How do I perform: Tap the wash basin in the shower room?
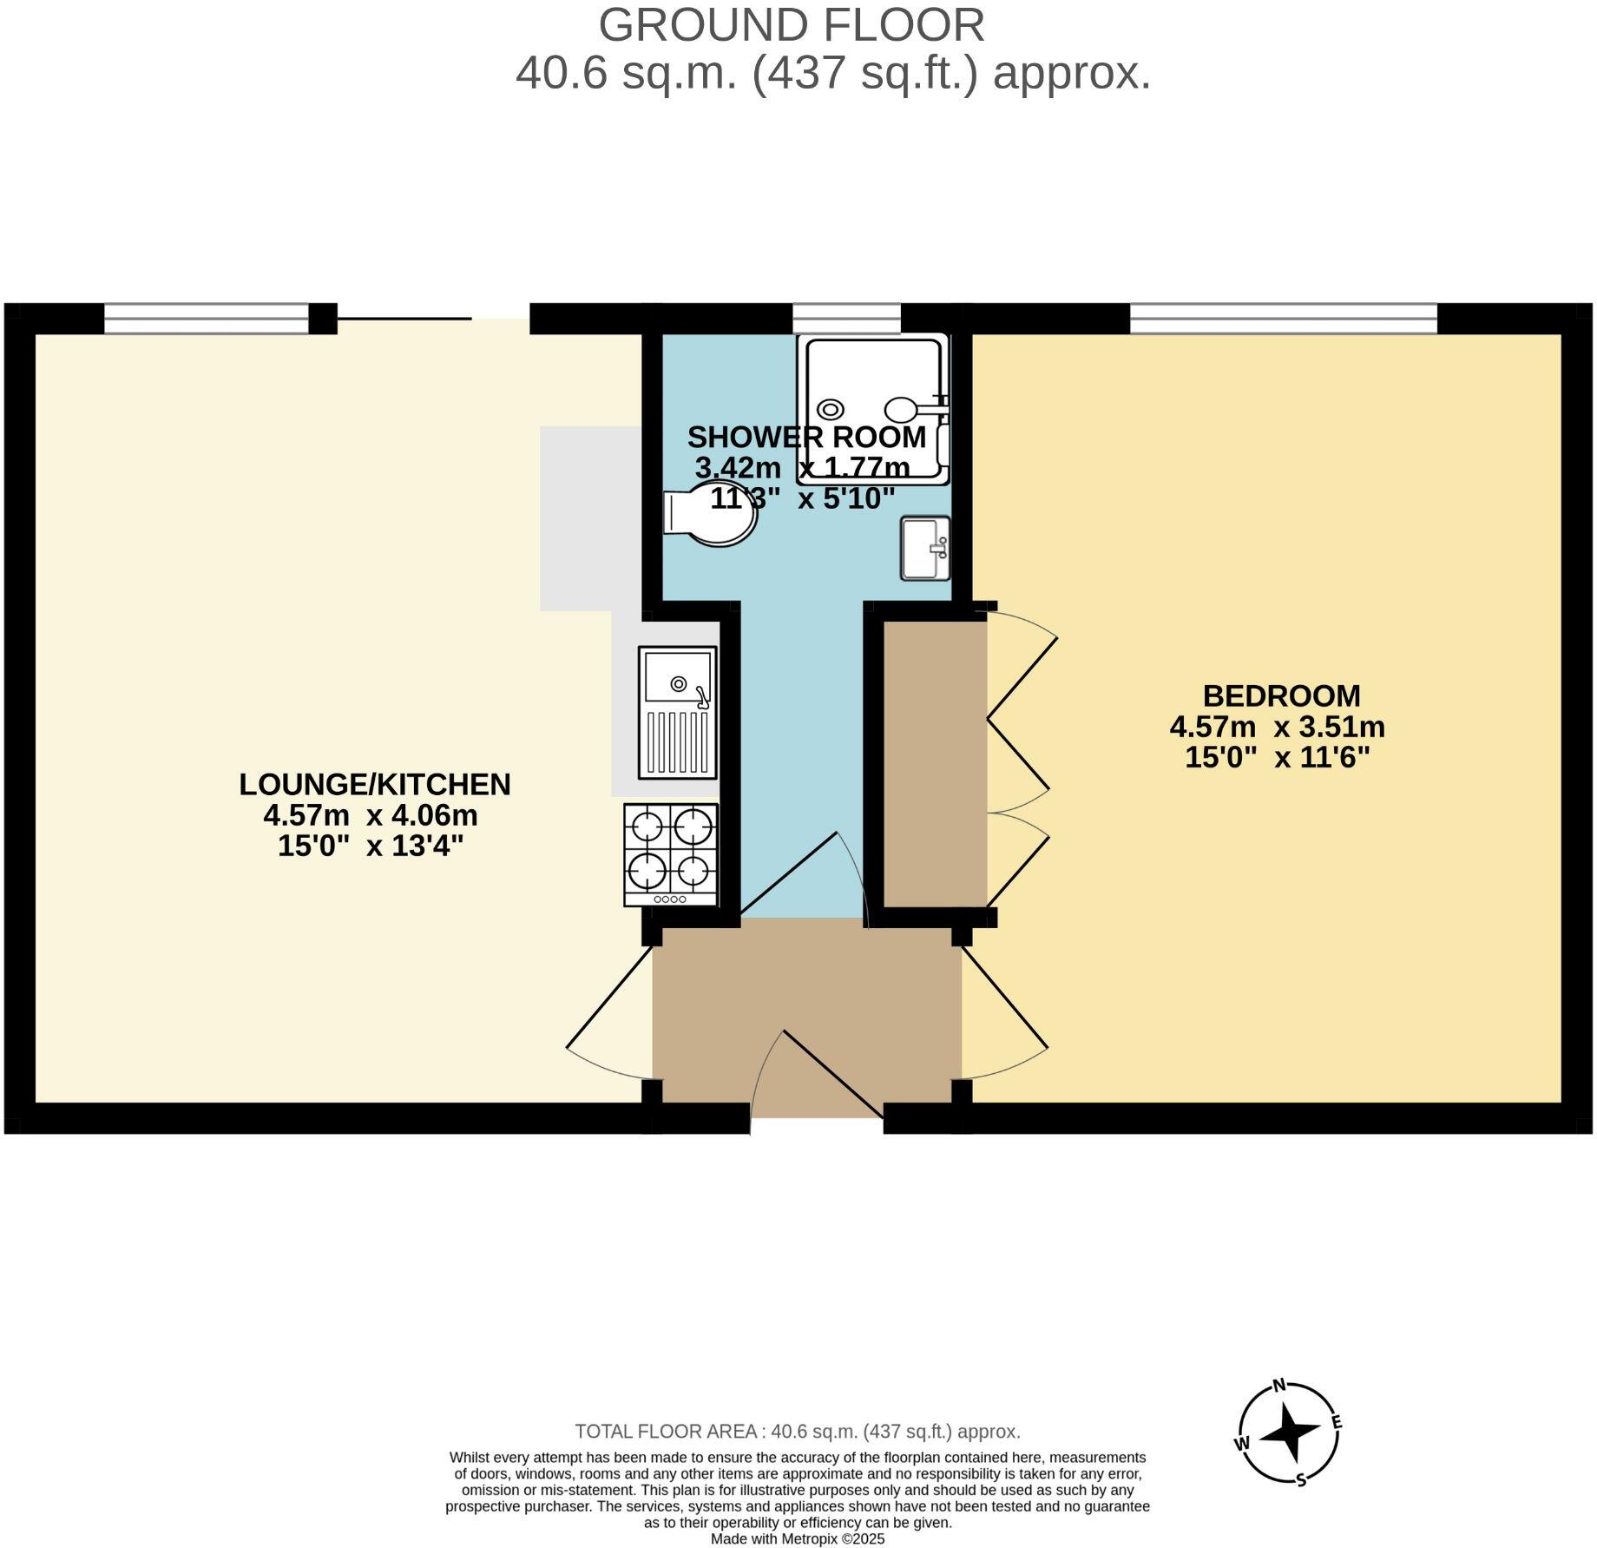tap(925, 548)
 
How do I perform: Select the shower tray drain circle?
tap(831, 409)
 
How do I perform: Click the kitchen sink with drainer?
tap(678, 712)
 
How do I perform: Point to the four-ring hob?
tap(671, 854)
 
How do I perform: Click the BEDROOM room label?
tap(1281, 695)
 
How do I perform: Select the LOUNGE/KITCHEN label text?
tap(375, 784)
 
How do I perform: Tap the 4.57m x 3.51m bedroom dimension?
tap(1277, 726)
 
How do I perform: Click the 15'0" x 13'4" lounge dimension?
tap(371, 845)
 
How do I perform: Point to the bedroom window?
tap(1283, 319)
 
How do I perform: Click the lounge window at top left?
tap(207, 319)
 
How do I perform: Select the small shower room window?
tap(846, 319)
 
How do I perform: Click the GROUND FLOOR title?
tap(791, 25)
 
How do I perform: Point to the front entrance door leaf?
tap(833, 1074)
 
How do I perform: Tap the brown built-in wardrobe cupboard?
tap(935, 764)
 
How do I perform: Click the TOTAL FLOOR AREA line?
tap(798, 1431)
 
